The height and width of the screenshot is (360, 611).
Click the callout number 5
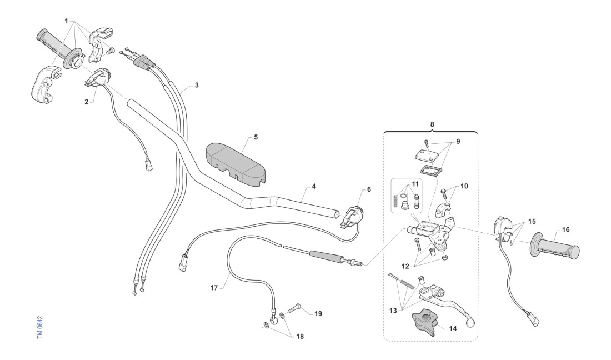(256, 136)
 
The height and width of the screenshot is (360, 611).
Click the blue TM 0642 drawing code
(40, 328)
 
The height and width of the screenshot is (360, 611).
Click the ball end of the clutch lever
(471, 322)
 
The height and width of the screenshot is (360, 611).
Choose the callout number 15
(533, 222)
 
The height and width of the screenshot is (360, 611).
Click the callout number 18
(301, 336)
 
